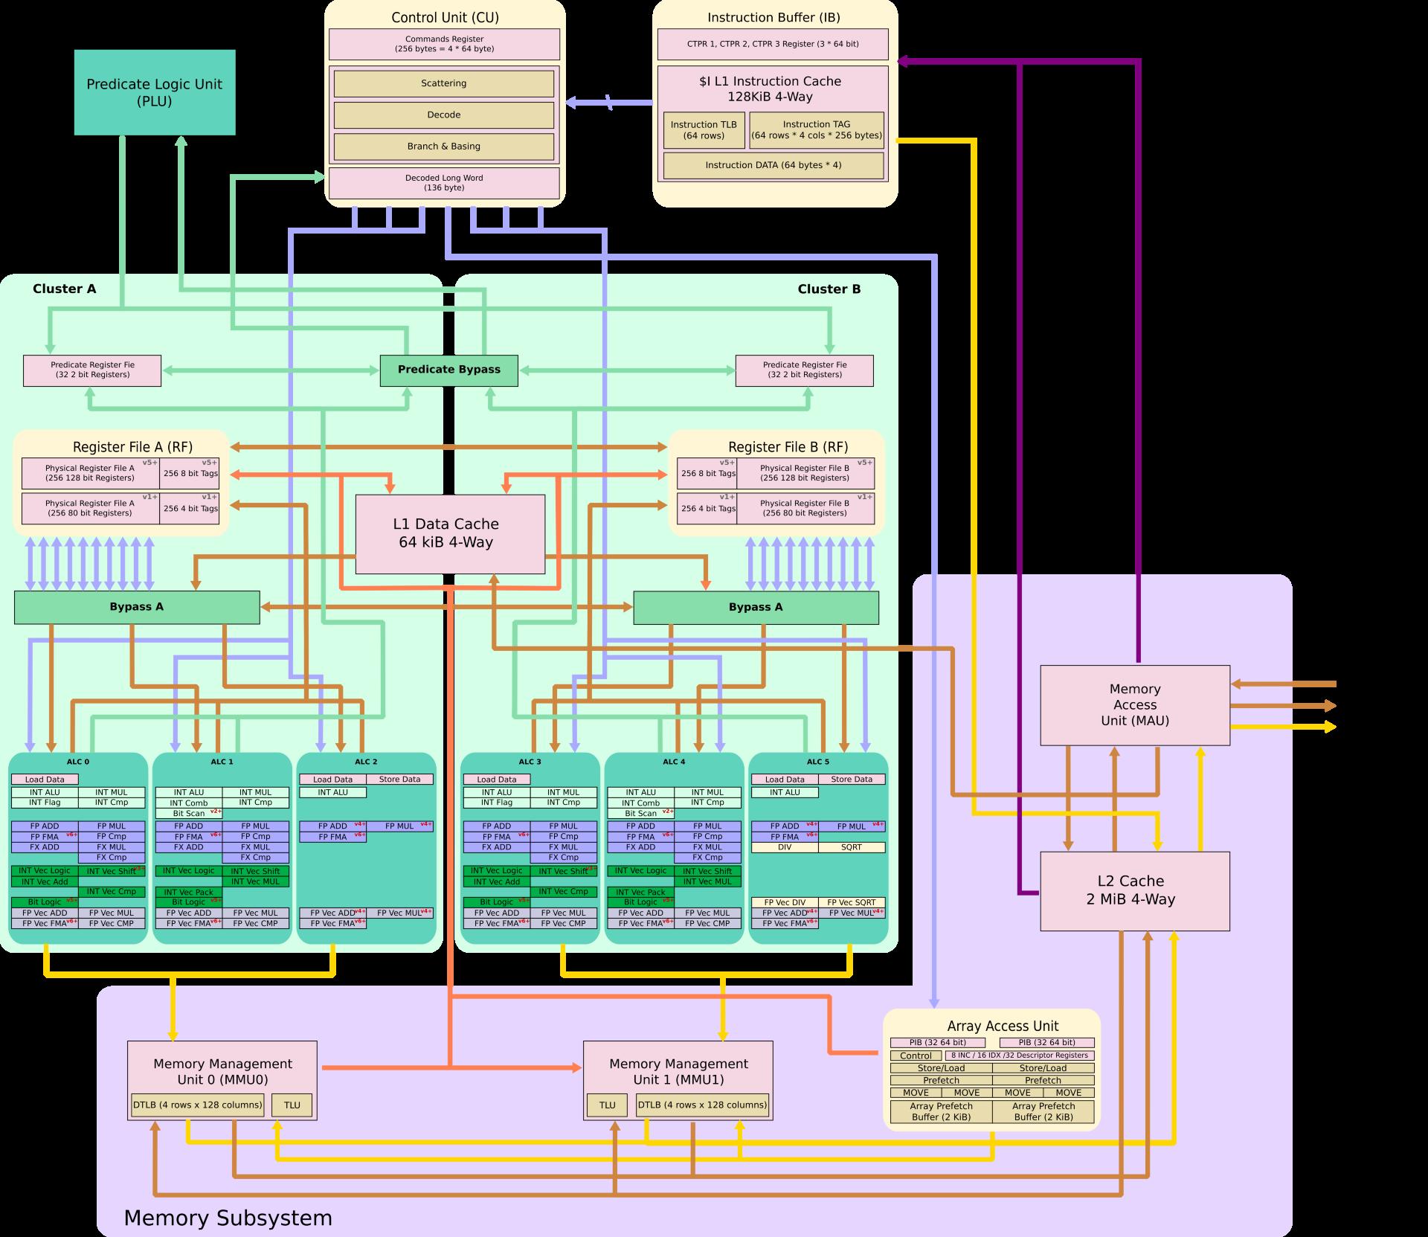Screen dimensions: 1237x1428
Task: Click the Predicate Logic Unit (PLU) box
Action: coord(155,92)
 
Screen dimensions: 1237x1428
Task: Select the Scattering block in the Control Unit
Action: coord(443,83)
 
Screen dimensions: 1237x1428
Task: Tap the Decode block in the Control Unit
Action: coord(443,115)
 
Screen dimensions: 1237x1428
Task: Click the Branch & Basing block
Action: coord(443,147)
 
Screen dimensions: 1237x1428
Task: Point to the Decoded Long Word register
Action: coord(444,183)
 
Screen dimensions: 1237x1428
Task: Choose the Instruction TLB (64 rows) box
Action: coord(704,130)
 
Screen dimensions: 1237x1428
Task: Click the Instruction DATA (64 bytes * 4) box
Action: coord(773,165)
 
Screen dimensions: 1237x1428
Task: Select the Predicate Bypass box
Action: coord(448,370)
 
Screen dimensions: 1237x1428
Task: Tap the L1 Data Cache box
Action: coord(449,533)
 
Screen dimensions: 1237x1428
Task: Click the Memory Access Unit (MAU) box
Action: coord(1134,704)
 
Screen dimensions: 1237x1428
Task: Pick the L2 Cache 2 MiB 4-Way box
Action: coord(1134,890)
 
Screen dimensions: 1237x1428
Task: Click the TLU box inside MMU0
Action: coord(292,1105)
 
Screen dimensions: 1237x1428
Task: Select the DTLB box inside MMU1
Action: coord(702,1105)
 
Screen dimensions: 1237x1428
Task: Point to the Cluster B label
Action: coord(829,289)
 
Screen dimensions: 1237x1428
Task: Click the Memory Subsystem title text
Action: coord(228,1218)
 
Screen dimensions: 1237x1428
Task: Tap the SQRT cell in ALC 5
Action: coord(852,847)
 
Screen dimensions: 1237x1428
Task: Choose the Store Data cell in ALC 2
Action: coord(399,780)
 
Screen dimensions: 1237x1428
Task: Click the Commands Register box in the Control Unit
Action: coord(444,44)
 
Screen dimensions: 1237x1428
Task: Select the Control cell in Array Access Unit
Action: coord(916,1056)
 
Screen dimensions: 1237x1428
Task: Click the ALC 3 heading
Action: coord(529,762)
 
